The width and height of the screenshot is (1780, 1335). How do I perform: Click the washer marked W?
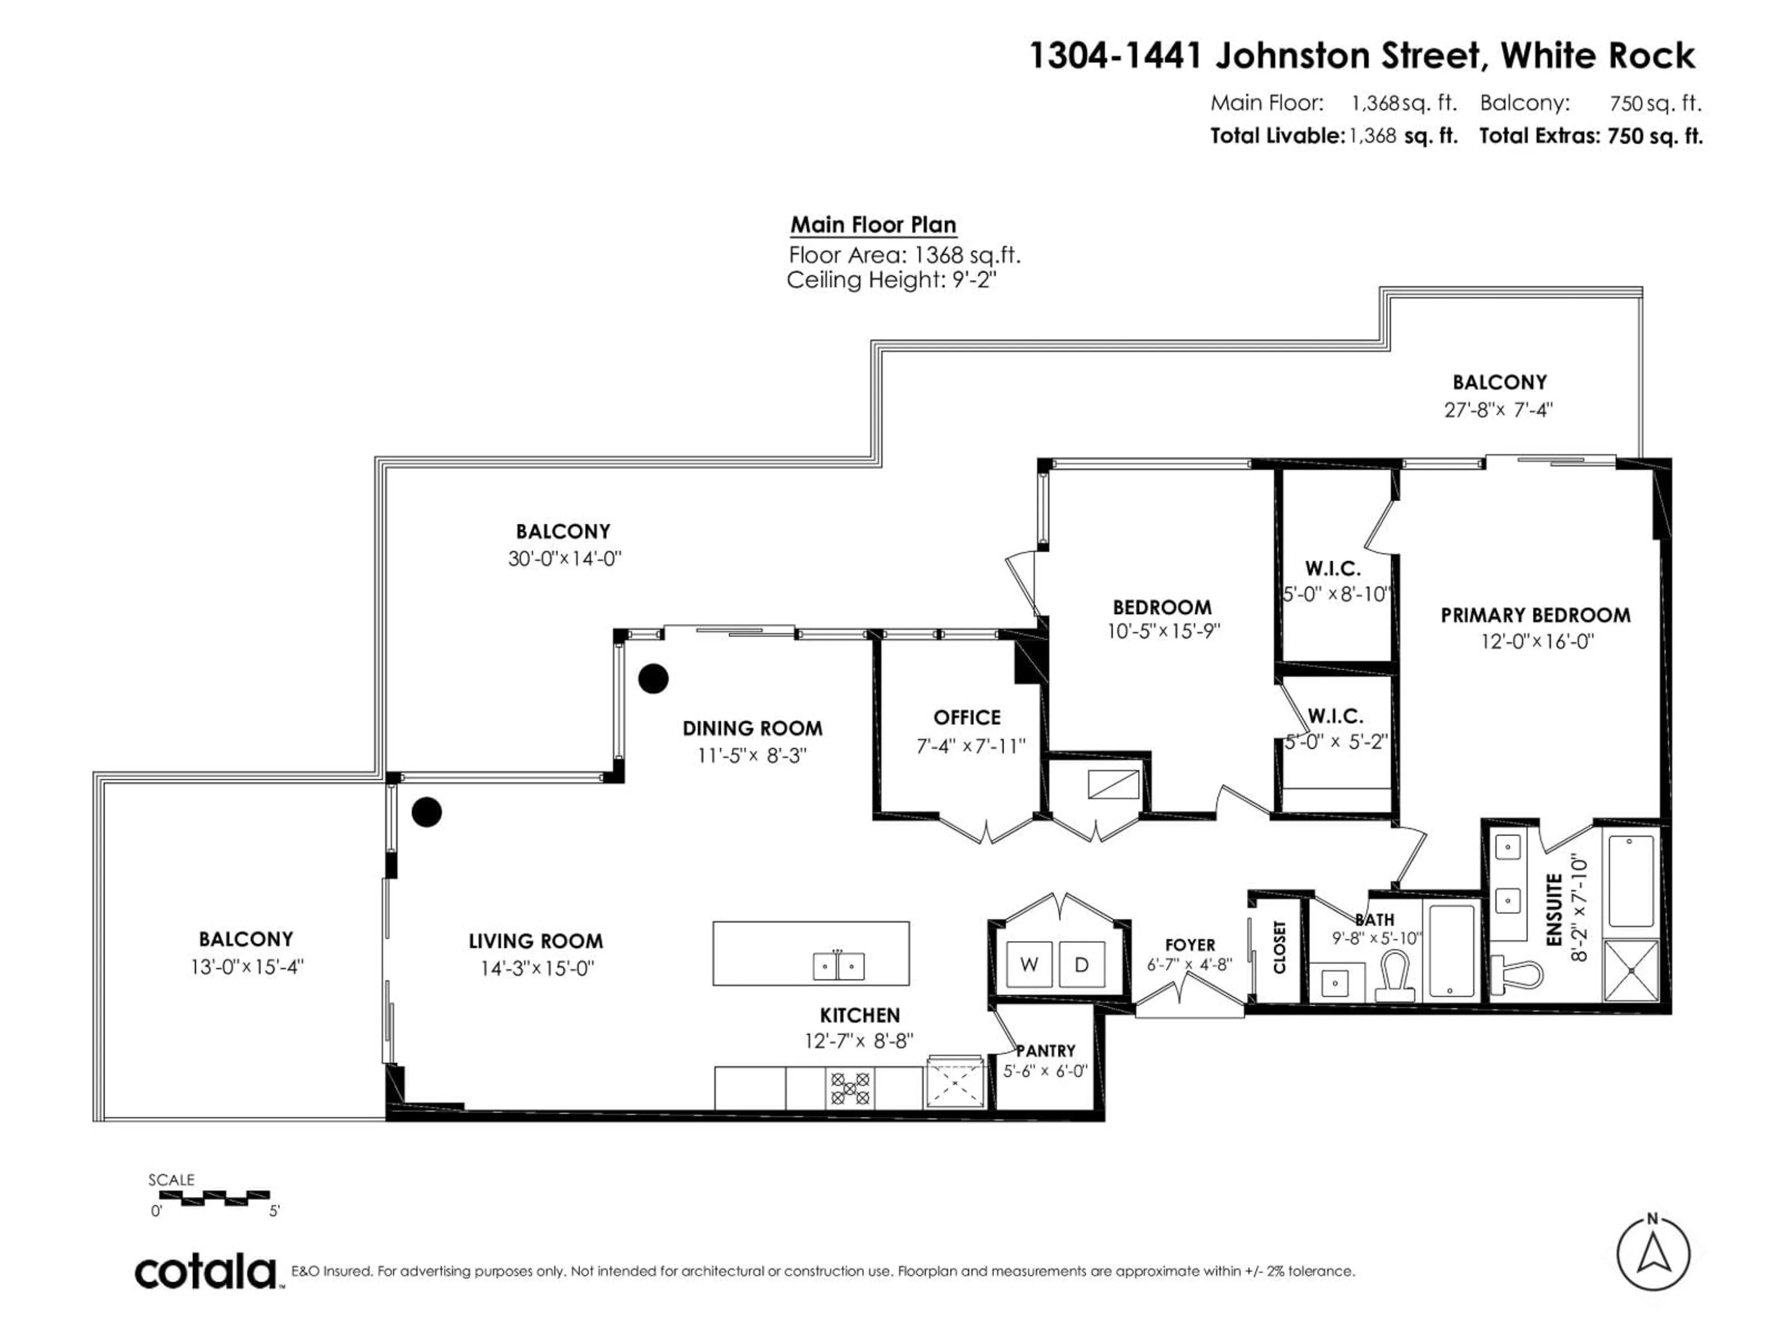click(x=1029, y=964)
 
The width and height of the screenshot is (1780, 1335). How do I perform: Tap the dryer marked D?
click(x=1081, y=964)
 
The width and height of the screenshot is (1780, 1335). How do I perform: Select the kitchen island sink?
click(x=839, y=965)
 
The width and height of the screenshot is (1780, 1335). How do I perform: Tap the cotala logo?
click(x=206, y=1272)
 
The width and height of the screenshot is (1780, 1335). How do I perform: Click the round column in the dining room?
click(x=653, y=678)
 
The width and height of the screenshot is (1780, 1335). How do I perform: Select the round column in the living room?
click(x=426, y=812)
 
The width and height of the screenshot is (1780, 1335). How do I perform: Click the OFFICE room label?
click(x=966, y=717)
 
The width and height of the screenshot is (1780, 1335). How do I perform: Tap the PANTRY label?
click(x=1045, y=1051)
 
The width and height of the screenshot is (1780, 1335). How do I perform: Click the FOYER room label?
click(x=1189, y=945)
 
